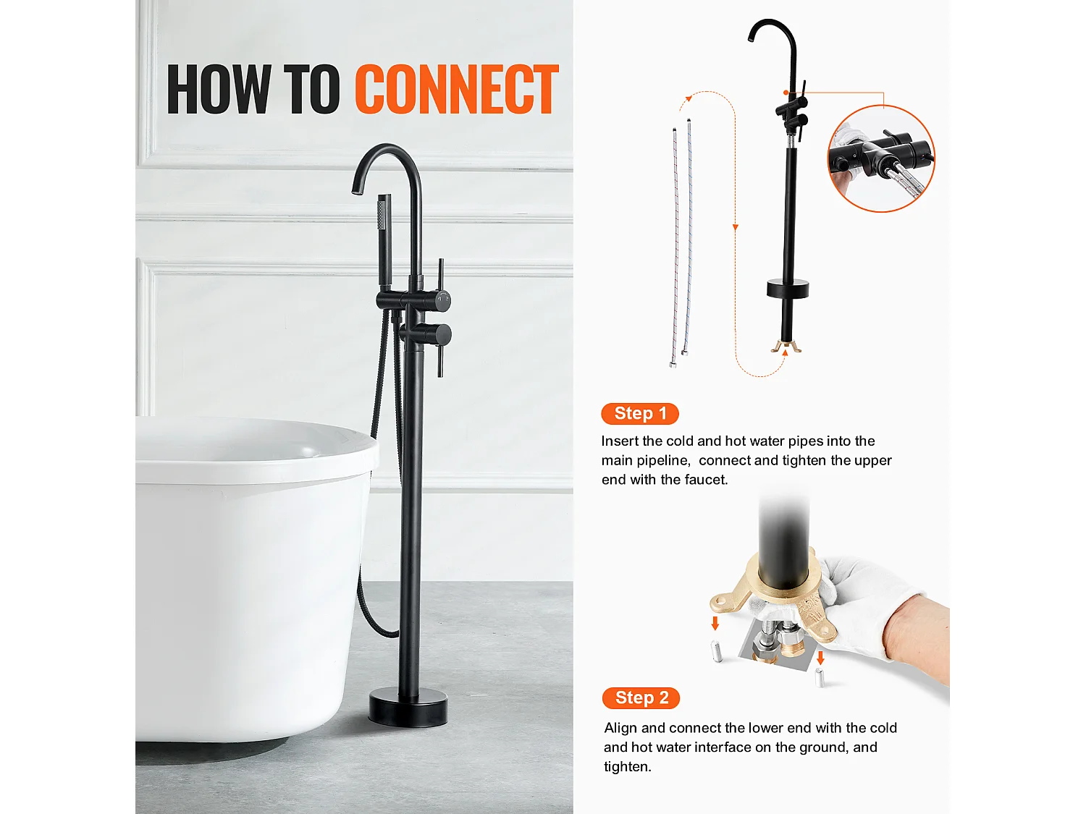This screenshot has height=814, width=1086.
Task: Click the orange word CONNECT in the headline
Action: [x=457, y=90]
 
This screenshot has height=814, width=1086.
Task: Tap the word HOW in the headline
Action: [x=219, y=90]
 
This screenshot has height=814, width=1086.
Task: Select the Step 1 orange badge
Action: [x=640, y=413]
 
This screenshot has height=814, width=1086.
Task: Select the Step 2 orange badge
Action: [x=641, y=698]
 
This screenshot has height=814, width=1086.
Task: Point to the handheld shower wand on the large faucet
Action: [x=384, y=239]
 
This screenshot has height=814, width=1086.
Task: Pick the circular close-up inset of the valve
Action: [x=880, y=159]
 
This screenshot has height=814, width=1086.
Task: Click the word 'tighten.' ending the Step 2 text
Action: [x=628, y=766]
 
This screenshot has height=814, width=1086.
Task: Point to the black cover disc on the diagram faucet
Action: [x=788, y=289]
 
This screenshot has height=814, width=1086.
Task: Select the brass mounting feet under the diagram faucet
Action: [x=786, y=347]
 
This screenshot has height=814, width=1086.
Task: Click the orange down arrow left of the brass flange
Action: [x=715, y=623]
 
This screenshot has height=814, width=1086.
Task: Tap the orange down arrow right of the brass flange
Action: [x=820, y=658]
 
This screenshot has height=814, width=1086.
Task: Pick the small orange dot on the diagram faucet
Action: [x=786, y=93]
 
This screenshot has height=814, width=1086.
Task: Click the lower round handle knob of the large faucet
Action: [x=439, y=335]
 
